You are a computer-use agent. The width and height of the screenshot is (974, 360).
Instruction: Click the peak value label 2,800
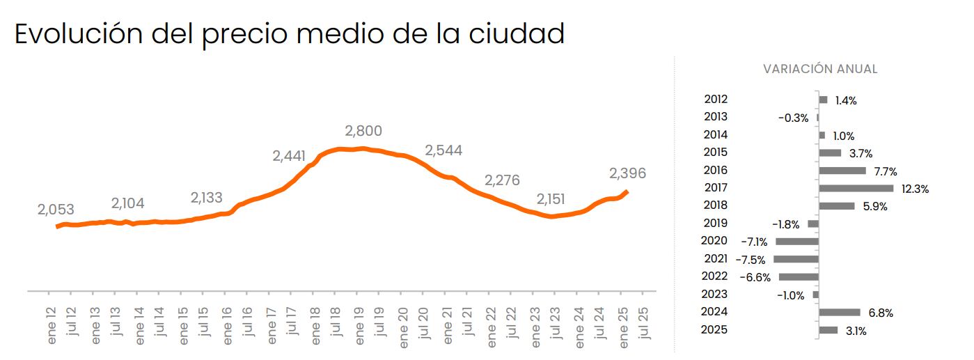(x=363, y=131)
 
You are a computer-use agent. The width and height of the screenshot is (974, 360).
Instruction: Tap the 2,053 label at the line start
(x=56, y=210)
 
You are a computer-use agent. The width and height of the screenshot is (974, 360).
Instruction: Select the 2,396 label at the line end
(x=627, y=173)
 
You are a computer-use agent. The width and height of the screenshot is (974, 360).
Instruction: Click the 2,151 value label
(x=551, y=199)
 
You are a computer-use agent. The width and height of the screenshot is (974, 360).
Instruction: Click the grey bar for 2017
(x=856, y=188)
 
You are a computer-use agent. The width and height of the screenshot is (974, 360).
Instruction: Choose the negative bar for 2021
(x=795, y=259)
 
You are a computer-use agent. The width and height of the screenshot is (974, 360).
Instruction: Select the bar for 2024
(x=839, y=313)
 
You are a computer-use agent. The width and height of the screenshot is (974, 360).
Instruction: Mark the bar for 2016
(x=842, y=171)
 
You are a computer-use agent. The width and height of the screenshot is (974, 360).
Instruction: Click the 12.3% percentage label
(x=915, y=189)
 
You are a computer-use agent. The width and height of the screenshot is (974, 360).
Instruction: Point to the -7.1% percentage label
(x=753, y=242)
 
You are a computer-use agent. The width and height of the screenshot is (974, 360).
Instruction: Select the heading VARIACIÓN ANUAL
(x=820, y=69)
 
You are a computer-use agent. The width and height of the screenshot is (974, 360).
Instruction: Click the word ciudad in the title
(x=513, y=34)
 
